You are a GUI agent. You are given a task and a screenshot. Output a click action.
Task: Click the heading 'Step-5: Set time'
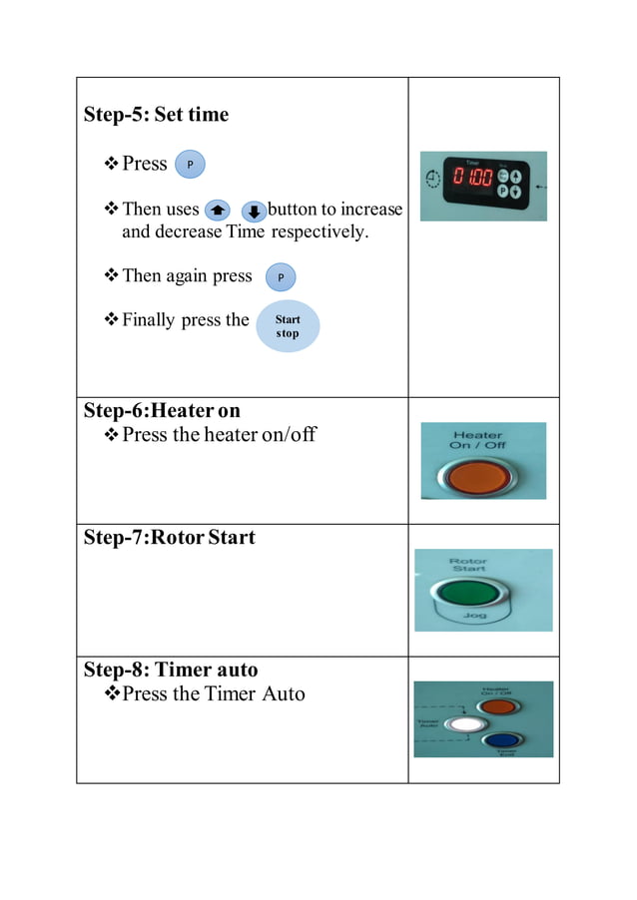(156, 115)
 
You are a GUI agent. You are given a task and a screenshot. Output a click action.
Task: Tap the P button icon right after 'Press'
(190, 165)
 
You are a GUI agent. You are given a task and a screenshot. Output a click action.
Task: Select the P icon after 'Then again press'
(281, 276)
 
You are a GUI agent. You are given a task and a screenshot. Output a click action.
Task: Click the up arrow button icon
(216, 211)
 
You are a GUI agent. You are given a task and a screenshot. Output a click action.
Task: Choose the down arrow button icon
(254, 211)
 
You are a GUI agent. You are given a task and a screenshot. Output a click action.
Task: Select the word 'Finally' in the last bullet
(149, 320)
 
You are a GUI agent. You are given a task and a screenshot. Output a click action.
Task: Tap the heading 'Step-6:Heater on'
(162, 410)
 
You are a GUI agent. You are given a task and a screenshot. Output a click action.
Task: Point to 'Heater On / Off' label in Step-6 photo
(477, 440)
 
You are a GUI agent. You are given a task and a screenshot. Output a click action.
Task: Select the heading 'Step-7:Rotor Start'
(169, 538)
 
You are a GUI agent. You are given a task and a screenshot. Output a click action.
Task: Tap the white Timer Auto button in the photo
(461, 725)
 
